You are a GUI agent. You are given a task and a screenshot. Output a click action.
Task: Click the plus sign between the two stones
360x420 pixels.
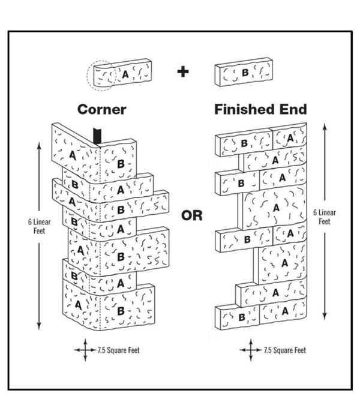tap(183, 71)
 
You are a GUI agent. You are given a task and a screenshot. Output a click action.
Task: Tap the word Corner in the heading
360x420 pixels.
tap(102, 110)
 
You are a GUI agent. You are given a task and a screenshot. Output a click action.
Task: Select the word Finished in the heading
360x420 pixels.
tap(244, 109)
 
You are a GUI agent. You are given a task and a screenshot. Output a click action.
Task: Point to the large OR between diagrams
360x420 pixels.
tap(192, 215)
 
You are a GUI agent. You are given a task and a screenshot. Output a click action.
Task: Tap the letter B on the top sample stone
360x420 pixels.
tap(245, 73)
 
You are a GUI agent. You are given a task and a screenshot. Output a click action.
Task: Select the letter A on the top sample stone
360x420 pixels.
tap(125, 74)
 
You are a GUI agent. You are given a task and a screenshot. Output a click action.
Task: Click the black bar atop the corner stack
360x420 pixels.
tap(97, 136)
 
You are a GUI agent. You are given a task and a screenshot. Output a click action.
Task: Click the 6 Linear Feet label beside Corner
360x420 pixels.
tap(40, 226)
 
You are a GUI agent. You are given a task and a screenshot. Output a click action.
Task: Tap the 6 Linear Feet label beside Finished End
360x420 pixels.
tap(325, 217)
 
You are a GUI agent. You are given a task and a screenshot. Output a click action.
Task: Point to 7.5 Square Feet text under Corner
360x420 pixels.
tap(119, 350)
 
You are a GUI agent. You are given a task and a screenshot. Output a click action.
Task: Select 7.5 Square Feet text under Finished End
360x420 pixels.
tap(285, 350)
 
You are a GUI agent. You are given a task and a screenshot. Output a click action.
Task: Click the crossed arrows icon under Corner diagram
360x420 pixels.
tap(85, 350)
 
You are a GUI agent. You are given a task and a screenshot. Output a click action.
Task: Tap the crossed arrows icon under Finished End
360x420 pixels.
tap(251, 350)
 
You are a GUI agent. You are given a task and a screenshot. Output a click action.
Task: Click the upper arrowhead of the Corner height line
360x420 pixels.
tap(39, 146)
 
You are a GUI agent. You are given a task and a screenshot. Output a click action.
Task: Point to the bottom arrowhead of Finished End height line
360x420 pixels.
tap(325, 316)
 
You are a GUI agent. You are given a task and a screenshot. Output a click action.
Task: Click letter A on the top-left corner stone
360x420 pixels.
tap(73, 155)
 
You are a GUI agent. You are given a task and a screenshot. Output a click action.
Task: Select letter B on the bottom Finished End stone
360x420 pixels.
tap(242, 317)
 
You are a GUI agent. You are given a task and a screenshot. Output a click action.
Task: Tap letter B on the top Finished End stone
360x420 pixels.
tap(244, 143)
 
